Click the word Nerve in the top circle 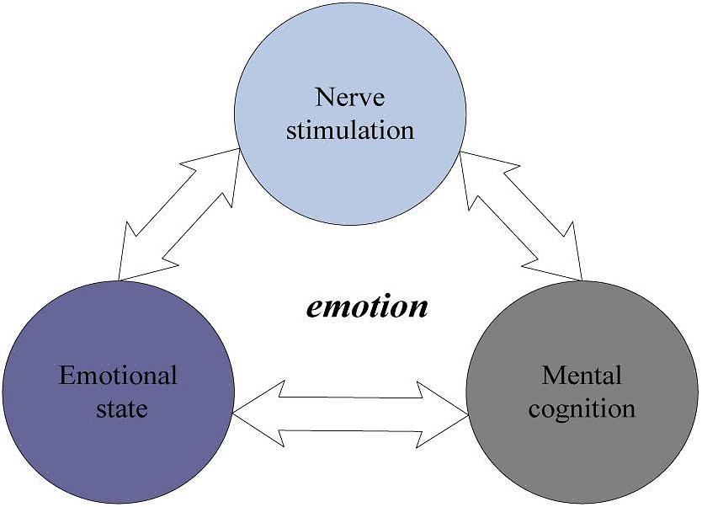coord(350,97)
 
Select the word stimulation coord(350,131)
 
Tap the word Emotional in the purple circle coord(118,375)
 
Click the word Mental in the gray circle coord(582,374)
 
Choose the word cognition coord(582,409)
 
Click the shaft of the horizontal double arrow coord(351,413)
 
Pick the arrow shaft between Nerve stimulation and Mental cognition coord(522,214)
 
